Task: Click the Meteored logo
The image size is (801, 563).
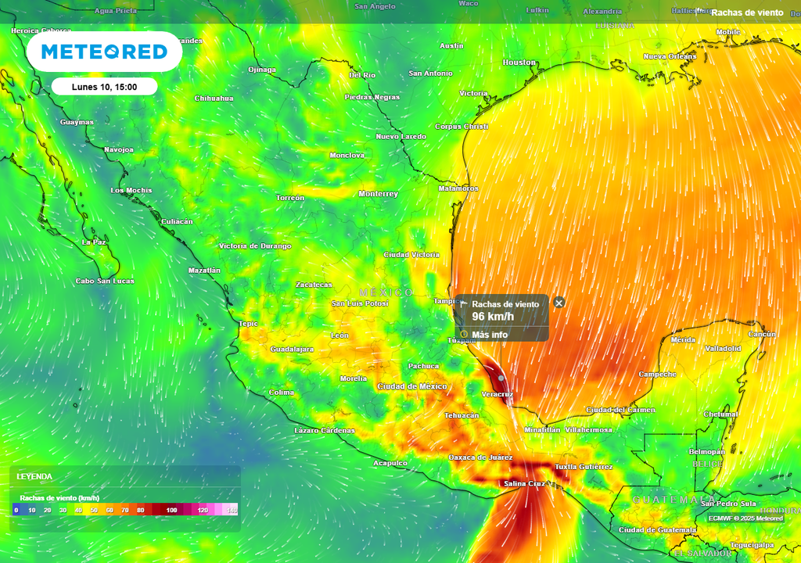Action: pos(104,52)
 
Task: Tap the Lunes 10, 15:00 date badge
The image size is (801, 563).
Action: pos(105,87)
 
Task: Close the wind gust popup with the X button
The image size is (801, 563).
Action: pos(559,303)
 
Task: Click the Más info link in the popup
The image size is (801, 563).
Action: pos(490,335)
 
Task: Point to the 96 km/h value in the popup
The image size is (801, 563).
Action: pos(493,317)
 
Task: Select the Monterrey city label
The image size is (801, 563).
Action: pos(378,194)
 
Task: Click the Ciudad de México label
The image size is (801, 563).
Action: pos(411,386)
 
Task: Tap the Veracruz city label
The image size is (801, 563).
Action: pos(497,394)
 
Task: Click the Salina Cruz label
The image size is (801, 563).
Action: pos(523,484)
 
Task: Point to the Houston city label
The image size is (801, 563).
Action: pos(519,63)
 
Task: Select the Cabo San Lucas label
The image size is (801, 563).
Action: pos(104,281)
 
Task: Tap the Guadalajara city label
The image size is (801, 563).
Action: pos(292,349)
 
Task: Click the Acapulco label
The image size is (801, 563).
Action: pos(390,463)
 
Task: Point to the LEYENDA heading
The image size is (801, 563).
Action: pos(35,476)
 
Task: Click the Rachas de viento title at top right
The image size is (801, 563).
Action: pos(746,13)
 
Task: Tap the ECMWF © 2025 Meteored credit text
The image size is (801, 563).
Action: pos(745,518)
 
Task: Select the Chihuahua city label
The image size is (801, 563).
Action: pos(214,99)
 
